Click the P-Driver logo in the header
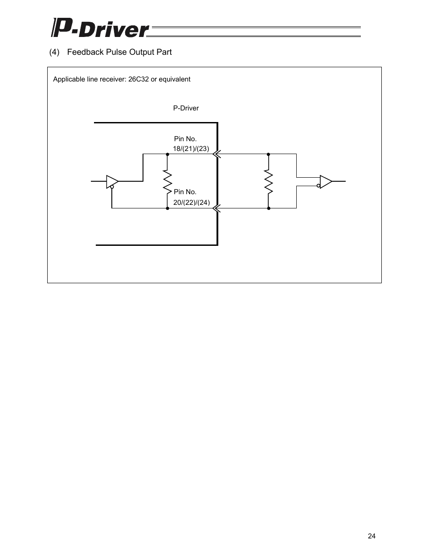point(100,28)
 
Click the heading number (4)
point(54,52)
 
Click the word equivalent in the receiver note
point(175,79)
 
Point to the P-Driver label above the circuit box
point(186,108)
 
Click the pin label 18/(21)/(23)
point(191,149)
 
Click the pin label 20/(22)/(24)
point(192,202)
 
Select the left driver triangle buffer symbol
point(112,181)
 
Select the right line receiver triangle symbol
point(326,181)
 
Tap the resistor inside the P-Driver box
point(168,181)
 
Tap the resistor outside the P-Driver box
point(269,181)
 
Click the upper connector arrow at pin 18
point(217,154)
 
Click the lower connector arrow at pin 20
point(217,208)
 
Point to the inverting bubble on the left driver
point(112,187)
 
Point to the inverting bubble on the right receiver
point(319,185)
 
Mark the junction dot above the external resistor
point(269,154)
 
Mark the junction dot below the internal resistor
point(168,208)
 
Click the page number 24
point(372,536)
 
